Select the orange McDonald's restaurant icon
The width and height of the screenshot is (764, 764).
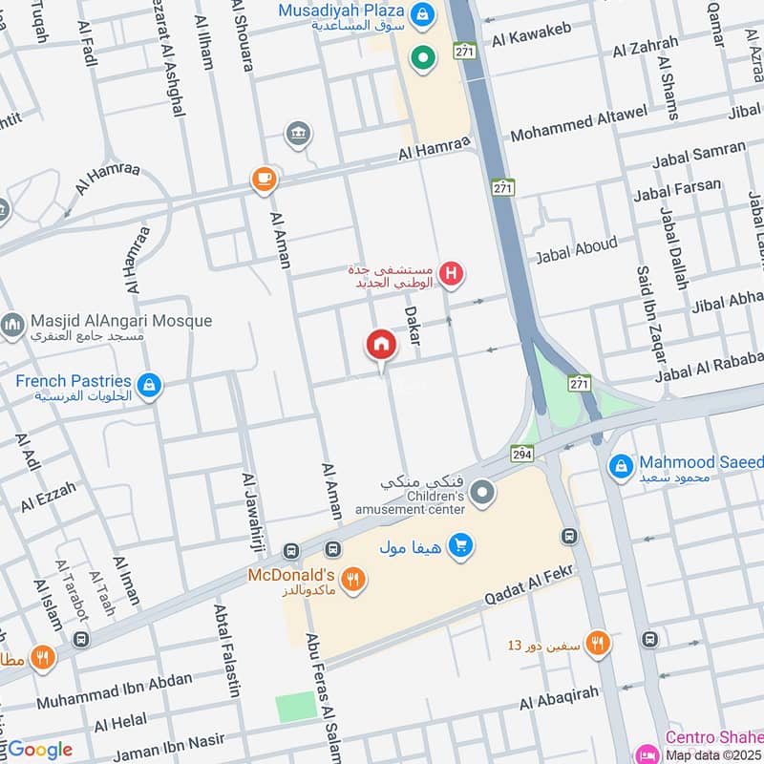click(x=352, y=579)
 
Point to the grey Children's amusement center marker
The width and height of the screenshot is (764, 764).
click(x=484, y=493)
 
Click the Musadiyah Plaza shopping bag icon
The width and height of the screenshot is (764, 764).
click(x=421, y=14)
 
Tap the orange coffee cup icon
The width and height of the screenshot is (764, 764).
click(x=263, y=179)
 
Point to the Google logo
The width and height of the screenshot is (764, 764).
click(x=39, y=750)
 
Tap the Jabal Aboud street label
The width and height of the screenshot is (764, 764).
click(x=576, y=250)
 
